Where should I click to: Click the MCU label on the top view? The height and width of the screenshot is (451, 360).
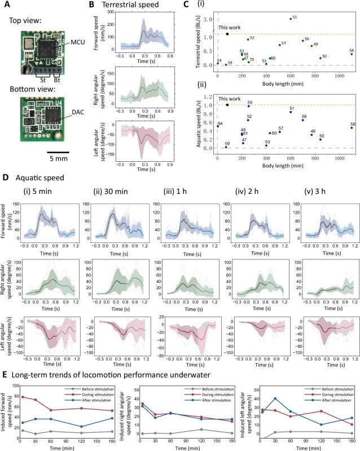pyautogui.click(x=78, y=42)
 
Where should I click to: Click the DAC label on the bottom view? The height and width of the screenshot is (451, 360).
pyautogui.click(x=78, y=112)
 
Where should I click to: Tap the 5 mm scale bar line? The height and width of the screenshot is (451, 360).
pyautogui.click(x=58, y=152)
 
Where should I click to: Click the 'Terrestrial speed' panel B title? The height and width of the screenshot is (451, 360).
pyautogui.click(x=130, y=5)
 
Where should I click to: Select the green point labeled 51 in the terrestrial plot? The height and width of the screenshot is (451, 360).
pyautogui.click(x=291, y=19)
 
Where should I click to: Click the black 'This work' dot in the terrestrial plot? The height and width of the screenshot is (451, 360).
pyautogui.click(x=227, y=34)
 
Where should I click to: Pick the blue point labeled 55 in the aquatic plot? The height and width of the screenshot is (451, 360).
pyautogui.click(x=249, y=106)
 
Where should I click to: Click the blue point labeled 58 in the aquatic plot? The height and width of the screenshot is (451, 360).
pyautogui.click(x=352, y=128)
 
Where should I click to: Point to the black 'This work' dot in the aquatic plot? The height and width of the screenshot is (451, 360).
pyautogui.click(x=227, y=105)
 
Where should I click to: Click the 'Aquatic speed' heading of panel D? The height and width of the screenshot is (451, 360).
pyautogui.click(x=39, y=178)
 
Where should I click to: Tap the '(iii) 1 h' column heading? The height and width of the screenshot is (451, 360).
pyautogui.click(x=175, y=192)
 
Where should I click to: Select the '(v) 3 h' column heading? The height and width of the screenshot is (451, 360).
pyautogui.click(x=315, y=192)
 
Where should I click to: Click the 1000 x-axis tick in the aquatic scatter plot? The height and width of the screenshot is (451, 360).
pyautogui.click(x=340, y=158)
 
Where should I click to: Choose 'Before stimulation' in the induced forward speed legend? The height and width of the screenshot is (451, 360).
pyautogui.click(x=98, y=389)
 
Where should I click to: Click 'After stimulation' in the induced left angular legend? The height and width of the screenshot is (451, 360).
pyautogui.click(x=336, y=400)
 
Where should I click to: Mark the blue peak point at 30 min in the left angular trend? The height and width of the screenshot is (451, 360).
pyautogui.click(x=275, y=399)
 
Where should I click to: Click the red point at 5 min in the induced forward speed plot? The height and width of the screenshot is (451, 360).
pyautogui.click(x=23, y=397)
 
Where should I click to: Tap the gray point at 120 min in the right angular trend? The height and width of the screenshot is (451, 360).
pyautogui.click(x=201, y=430)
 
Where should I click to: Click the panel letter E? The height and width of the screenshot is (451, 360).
pyautogui.click(x=5, y=375)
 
